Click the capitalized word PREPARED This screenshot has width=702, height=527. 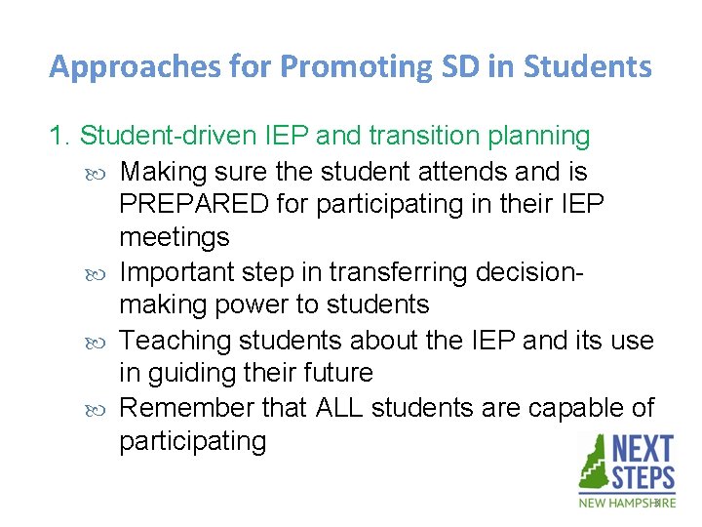[194, 204]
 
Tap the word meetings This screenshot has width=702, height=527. [174, 237]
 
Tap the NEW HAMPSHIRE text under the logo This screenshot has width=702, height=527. [626, 503]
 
